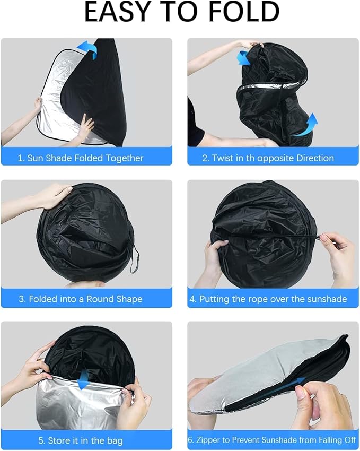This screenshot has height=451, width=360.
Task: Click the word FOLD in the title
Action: (x=244, y=12)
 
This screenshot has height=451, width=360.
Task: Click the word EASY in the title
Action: (x=118, y=12)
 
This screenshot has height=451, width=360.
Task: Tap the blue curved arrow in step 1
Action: (x=87, y=49)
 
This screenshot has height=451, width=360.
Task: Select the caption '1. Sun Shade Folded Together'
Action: (x=81, y=158)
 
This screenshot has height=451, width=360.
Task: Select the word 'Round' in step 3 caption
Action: (x=98, y=299)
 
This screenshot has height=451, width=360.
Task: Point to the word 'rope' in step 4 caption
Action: (x=257, y=299)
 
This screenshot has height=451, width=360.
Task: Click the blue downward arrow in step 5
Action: (x=83, y=379)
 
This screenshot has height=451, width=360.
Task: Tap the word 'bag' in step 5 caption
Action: (x=115, y=440)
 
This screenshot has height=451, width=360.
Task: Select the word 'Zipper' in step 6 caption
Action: (x=208, y=440)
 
